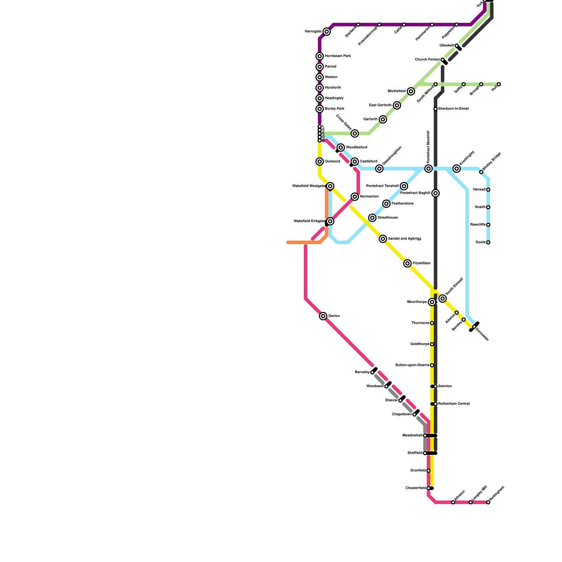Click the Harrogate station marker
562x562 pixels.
tap(327, 32)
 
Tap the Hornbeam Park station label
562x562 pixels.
tap(338, 56)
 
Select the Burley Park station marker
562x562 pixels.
tap(320, 109)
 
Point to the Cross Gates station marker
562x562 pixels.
tap(355, 133)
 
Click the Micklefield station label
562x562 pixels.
tap(397, 91)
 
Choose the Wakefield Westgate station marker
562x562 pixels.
tap(330, 186)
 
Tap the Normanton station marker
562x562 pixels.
tap(355, 197)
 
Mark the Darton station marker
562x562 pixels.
tap(323, 316)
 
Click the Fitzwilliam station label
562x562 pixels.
tap(421, 263)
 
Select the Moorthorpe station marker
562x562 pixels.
tap(432, 302)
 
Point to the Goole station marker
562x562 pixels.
tap(488, 242)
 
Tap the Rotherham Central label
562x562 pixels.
tap(454, 404)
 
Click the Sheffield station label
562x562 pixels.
tap(414, 453)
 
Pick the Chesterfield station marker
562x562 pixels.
tap(429, 488)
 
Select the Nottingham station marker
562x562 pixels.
tap(488, 502)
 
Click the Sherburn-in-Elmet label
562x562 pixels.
tap(453, 109)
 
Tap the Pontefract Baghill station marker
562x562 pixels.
tap(436, 193)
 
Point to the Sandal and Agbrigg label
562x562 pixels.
tap(404, 239)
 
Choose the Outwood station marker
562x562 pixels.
tap(320, 162)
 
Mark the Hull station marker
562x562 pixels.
tap(499, 84)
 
